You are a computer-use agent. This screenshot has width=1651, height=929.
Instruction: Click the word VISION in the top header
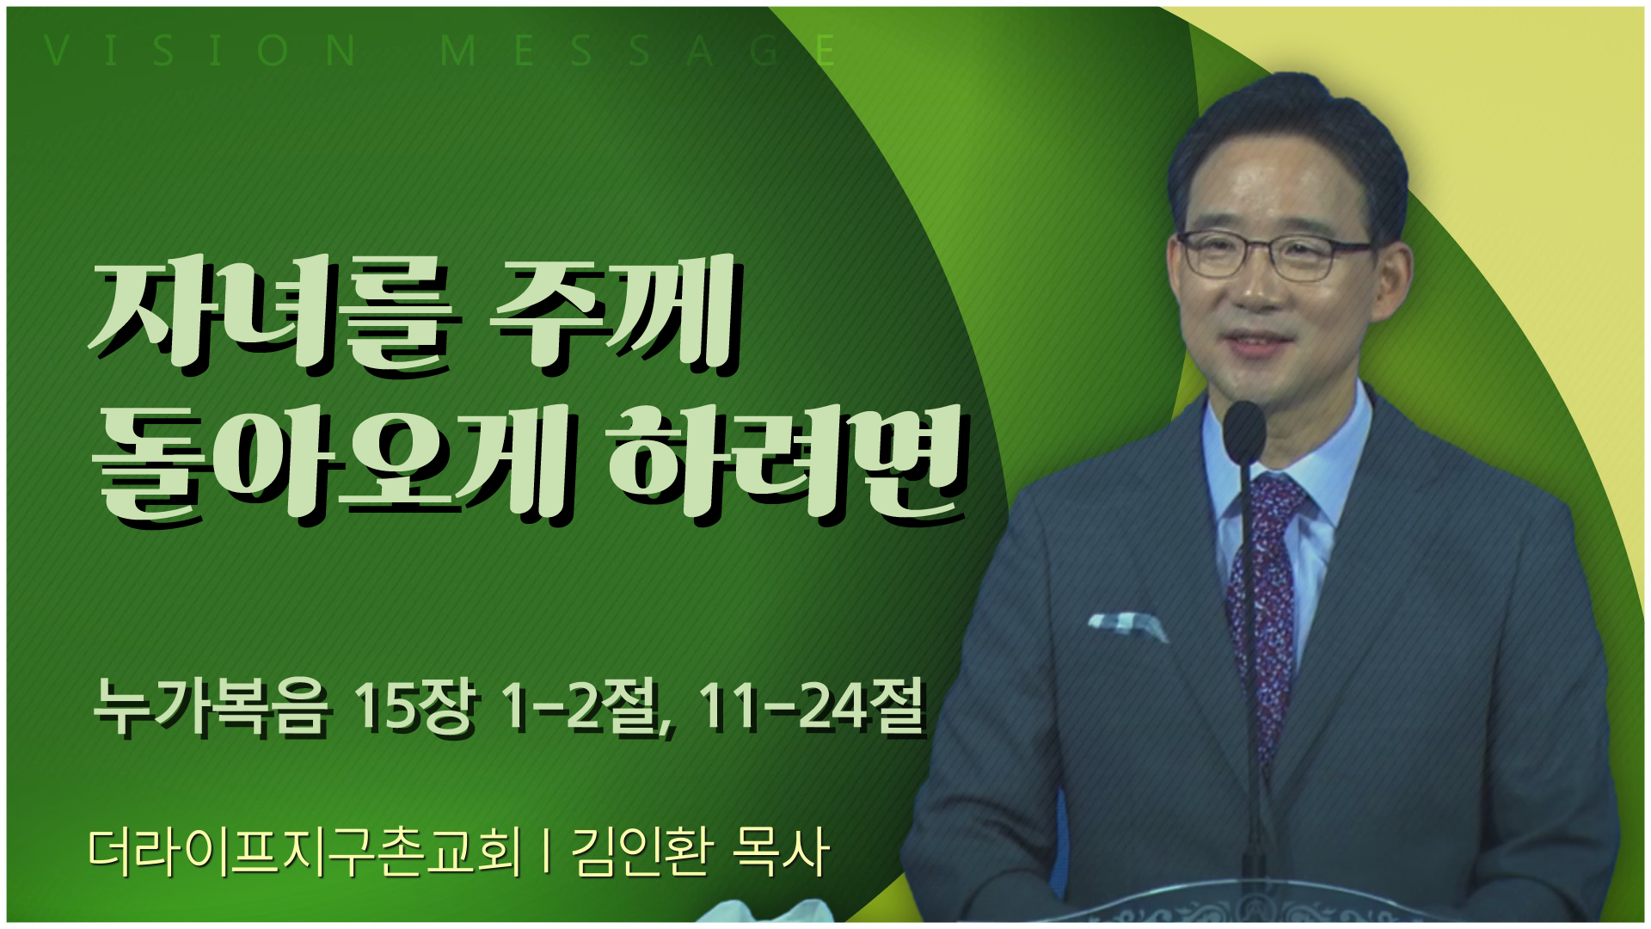(x=200, y=52)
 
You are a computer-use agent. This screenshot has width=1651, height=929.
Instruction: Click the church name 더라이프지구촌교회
(x=304, y=853)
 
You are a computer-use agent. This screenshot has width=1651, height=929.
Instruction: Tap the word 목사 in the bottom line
(x=779, y=853)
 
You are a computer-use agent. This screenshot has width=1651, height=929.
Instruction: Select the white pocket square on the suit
(x=1126, y=624)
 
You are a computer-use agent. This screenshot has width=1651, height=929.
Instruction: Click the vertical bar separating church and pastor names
(x=547, y=853)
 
